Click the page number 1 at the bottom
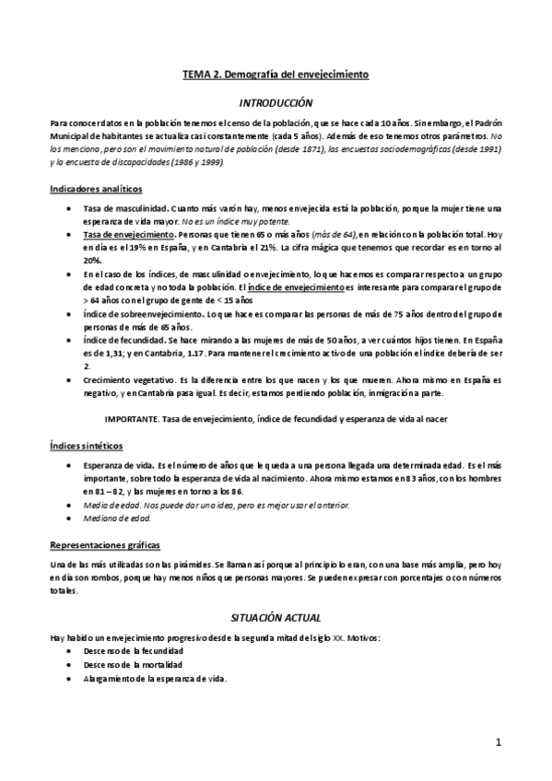coord(498,743)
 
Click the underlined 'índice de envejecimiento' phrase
coord(300,288)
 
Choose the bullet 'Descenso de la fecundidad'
coord(133,650)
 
